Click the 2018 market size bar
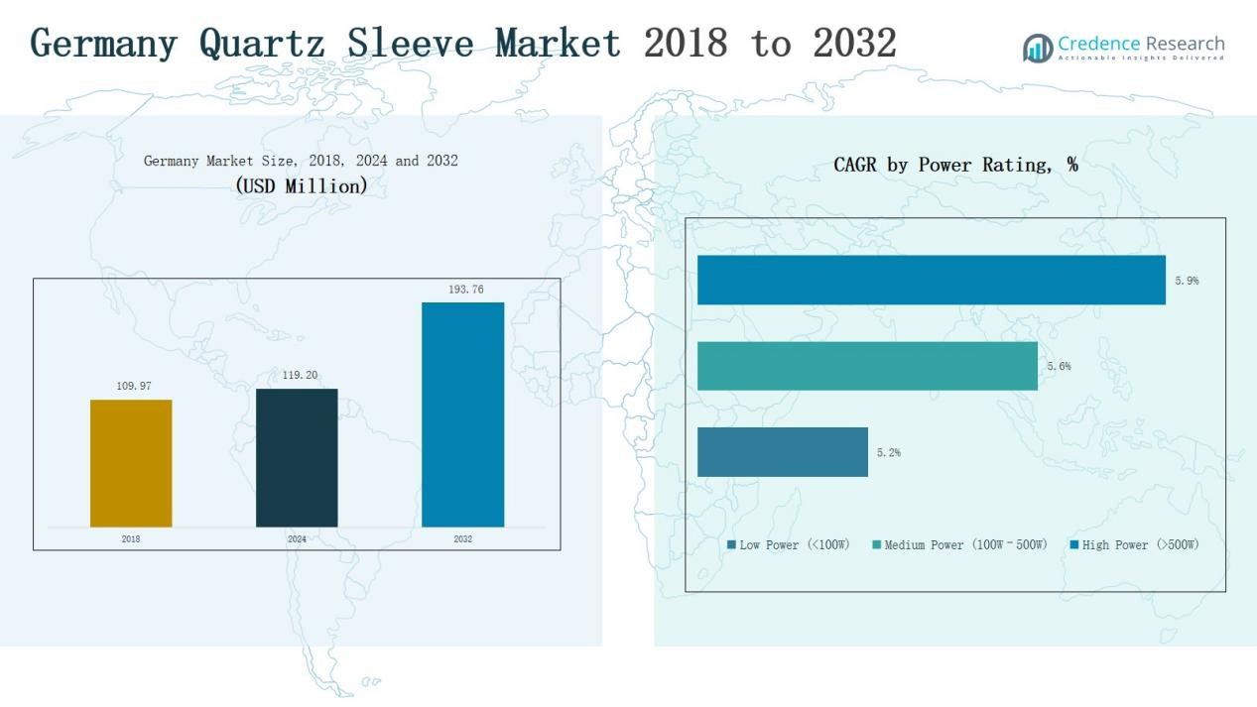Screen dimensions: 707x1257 131,463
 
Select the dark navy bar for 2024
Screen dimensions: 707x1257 297,457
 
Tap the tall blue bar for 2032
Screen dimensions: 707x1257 462,414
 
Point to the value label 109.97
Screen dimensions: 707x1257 134,386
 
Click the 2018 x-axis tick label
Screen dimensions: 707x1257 131,539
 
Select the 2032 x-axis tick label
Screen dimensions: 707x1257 462,539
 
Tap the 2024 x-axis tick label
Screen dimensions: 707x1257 297,539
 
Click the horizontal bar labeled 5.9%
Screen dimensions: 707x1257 931,280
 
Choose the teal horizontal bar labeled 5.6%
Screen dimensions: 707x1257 867,366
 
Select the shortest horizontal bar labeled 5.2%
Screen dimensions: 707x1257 782,452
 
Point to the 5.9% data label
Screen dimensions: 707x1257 1187,281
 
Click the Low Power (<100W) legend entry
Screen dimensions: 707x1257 789,545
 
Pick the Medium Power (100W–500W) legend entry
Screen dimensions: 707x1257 959,545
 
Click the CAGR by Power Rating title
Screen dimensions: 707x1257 955,166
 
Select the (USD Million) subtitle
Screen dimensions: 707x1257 301,185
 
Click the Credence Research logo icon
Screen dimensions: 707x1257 1038,48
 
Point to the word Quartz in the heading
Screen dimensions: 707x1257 264,44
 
